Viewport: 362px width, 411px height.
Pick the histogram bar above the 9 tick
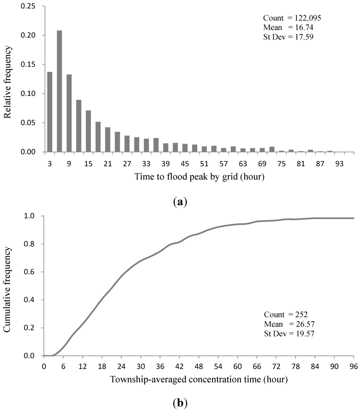(69, 113)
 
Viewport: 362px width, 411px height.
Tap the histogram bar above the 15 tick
(88, 131)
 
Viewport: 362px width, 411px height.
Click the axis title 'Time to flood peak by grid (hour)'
(200, 177)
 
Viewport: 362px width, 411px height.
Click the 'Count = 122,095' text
(292, 18)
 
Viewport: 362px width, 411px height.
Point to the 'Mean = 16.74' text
(286, 27)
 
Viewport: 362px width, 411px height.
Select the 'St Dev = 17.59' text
(289, 36)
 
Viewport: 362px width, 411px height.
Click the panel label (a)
(181, 202)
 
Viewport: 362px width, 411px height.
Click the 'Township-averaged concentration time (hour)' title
(199, 380)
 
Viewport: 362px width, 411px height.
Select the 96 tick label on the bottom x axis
(354, 367)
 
